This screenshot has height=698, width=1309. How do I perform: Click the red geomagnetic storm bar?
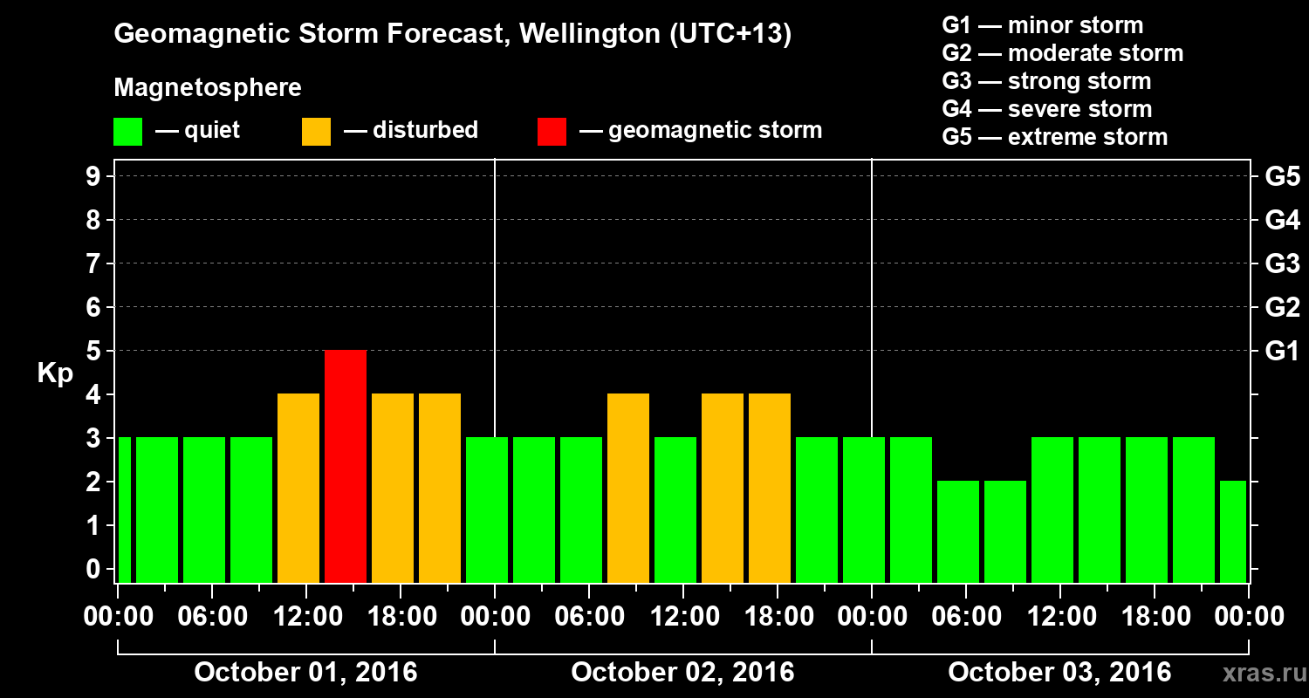point(346,466)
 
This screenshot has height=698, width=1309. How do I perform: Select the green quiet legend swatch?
point(127,131)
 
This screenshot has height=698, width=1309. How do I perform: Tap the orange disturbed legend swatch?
point(316,131)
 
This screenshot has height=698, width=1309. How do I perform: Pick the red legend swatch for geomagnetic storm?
point(552,131)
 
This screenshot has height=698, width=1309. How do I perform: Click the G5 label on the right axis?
point(1282,176)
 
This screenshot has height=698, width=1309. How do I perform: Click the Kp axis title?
point(55,373)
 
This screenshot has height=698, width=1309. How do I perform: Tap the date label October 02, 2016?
point(682,673)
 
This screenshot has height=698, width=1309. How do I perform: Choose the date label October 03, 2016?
point(1059,673)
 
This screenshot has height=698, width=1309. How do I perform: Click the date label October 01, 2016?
point(305,673)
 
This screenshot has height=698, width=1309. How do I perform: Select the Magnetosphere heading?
point(208,88)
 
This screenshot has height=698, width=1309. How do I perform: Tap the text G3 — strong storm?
point(1046,81)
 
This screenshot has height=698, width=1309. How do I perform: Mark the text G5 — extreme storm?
point(1054,137)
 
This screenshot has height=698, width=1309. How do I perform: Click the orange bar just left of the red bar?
point(298,488)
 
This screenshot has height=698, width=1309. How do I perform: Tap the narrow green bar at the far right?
point(1233,531)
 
